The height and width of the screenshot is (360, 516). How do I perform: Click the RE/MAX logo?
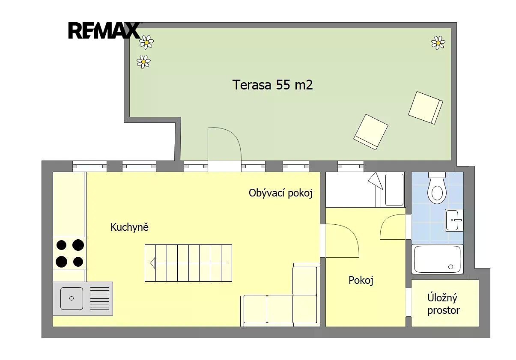[x=104, y=30]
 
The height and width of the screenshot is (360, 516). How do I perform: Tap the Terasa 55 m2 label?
[x=272, y=85]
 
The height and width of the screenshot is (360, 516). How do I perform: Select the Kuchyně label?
[x=129, y=227]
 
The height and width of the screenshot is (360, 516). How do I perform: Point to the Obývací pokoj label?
[x=280, y=193]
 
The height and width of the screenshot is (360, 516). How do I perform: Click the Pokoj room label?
[x=361, y=280]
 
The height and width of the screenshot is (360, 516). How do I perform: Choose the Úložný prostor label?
[x=444, y=304]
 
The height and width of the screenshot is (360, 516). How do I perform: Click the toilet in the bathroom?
[x=437, y=188]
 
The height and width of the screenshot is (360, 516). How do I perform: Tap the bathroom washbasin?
[x=454, y=220]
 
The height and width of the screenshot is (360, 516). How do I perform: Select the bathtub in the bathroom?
[x=437, y=259]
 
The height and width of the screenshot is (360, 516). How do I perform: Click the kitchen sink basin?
[x=72, y=298]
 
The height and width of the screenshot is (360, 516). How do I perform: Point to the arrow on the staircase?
[x=188, y=263]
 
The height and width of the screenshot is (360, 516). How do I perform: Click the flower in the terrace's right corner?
[x=438, y=43]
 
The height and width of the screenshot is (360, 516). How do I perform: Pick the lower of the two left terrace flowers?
[x=143, y=62]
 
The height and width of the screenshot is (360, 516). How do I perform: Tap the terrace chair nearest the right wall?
[x=426, y=108]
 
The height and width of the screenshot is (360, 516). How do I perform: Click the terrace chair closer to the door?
[x=371, y=132]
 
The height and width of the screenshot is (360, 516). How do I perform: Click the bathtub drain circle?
[x=451, y=267]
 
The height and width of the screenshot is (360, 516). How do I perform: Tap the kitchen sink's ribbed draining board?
[x=99, y=298]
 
